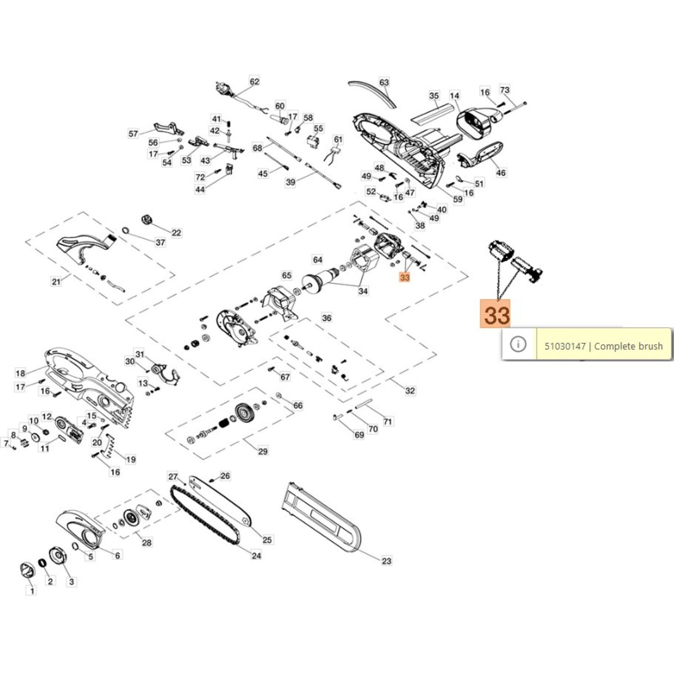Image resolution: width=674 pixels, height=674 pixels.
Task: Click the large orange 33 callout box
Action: [495, 314]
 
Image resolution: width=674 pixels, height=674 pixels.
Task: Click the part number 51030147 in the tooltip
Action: [564, 346]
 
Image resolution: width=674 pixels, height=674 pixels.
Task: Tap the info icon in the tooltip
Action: [518, 344]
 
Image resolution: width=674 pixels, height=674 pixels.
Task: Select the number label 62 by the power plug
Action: [254, 81]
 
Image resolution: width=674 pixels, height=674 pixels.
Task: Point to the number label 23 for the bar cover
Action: [386, 561]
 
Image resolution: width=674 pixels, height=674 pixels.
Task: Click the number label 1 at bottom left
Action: [32, 591]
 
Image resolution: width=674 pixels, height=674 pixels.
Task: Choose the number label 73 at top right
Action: [505, 90]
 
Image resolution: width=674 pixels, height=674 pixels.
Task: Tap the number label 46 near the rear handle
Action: [500, 172]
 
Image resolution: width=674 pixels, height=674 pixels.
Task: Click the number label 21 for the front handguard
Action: [56, 282]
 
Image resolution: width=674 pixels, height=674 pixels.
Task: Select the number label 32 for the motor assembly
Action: [410, 390]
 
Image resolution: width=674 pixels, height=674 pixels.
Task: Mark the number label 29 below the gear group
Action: [262, 451]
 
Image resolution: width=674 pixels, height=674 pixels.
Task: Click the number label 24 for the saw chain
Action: [256, 556]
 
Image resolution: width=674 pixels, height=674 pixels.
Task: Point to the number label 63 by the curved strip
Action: [384, 82]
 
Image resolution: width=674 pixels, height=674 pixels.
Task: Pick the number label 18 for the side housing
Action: [20, 373]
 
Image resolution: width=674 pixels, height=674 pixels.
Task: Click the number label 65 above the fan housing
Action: [286, 275]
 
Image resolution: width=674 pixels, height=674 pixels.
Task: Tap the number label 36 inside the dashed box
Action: [326, 318]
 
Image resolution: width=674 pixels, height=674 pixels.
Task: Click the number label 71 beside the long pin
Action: [388, 421]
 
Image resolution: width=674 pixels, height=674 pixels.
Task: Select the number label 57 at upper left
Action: [133, 134]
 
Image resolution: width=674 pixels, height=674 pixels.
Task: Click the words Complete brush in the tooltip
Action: [628, 346]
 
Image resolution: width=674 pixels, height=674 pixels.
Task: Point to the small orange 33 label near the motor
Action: [404, 278]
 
